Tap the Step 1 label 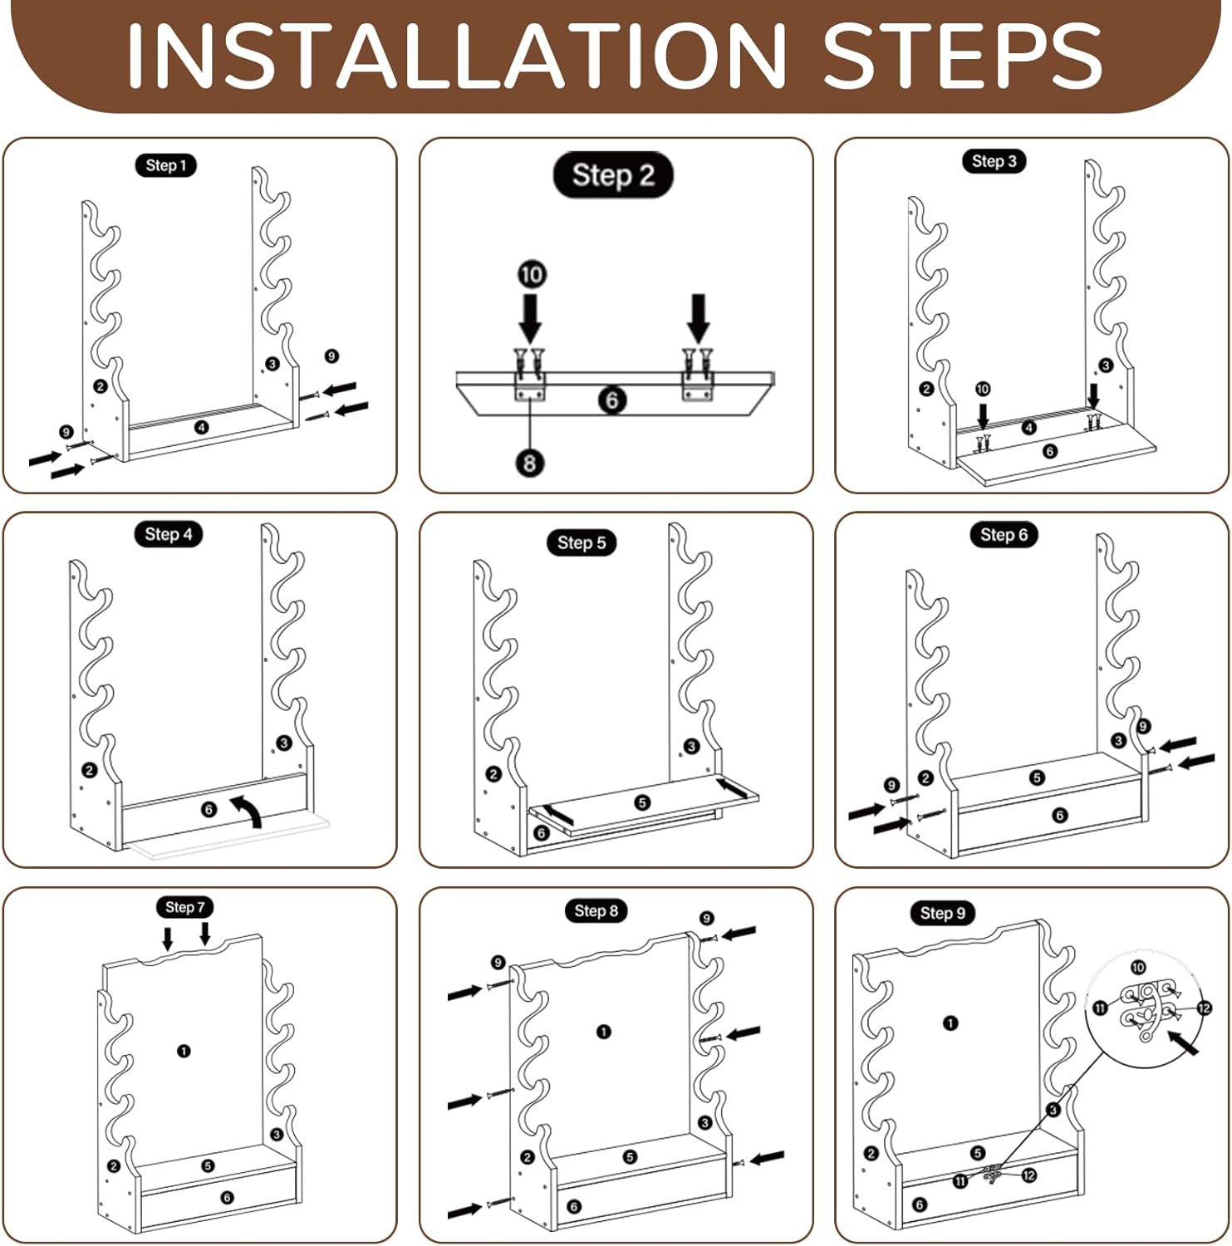pyautogui.click(x=166, y=165)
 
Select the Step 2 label pyautogui.click(x=613, y=175)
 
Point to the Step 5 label pyautogui.click(x=582, y=543)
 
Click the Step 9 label pyautogui.click(x=943, y=914)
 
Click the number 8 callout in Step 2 pyautogui.click(x=530, y=462)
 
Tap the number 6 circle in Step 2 pyautogui.click(x=612, y=400)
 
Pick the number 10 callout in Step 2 pyautogui.click(x=532, y=274)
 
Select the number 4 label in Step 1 pyautogui.click(x=202, y=427)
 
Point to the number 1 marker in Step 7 pyautogui.click(x=184, y=1051)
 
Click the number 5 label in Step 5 pyautogui.click(x=642, y=802)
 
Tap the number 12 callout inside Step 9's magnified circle pyautogui.click(x=1204, y=1008)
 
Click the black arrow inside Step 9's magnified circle pyautogui.click(x=1183, y=1042)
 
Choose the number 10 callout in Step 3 pyautogui.click(x=983, y=389)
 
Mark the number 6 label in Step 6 pyautogui.click(x=1059, y=816)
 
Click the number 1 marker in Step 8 pyautogui.click(x=604, y=1032)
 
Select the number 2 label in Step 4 pyautogui.click(x=90, y=770)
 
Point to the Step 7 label pyautogui.click(x=184, y=907)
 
